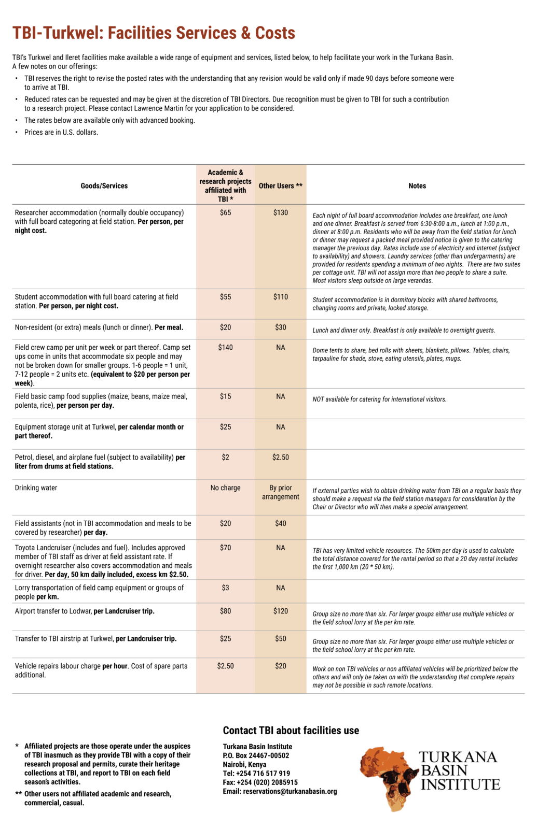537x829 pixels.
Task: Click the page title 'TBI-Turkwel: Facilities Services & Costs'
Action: coord(154,33)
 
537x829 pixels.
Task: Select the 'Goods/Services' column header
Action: coord(104,186)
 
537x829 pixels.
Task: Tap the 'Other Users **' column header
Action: coord(280,186)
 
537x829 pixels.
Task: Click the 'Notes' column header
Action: coord(417,186)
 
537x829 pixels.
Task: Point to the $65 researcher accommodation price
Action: coord(225,213)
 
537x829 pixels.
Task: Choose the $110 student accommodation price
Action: coord(280,297)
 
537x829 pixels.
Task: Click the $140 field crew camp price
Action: coord(225,348)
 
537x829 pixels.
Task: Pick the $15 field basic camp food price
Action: coord(225,396)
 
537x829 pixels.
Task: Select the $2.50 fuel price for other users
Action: coord(280,458)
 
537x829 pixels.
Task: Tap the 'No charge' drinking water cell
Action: coord(225,488)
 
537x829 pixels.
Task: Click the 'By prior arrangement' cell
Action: coord(280,492)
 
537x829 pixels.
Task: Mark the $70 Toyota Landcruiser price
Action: coord(225,548)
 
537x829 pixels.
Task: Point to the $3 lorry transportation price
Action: coord(225,588)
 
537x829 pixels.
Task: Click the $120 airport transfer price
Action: coord(280,611)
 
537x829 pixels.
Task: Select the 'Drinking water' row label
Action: coord(36,488)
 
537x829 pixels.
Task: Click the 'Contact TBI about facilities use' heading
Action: coord(291,731)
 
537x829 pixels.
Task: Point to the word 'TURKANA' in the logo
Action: coord(458,757)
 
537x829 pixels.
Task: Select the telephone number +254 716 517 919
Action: coord(263,774)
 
